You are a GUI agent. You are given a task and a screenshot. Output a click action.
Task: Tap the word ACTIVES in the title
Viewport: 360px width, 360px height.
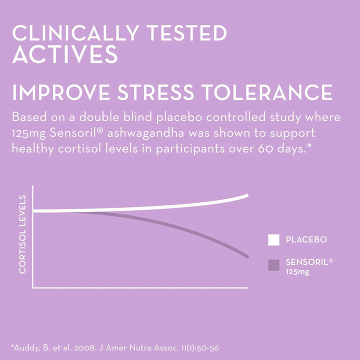tap(65, 54)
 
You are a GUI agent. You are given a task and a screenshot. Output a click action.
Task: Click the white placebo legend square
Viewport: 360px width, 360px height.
tap(273, 240)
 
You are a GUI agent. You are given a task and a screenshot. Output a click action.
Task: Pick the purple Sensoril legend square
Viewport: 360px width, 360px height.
tap(273, 265)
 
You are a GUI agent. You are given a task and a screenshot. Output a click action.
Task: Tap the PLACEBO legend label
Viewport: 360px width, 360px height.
tap(306, 240)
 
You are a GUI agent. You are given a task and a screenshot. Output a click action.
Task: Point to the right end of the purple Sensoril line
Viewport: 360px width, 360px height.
tap(247, 256)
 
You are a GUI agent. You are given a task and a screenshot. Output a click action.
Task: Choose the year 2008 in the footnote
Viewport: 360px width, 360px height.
tap(90, 346)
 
